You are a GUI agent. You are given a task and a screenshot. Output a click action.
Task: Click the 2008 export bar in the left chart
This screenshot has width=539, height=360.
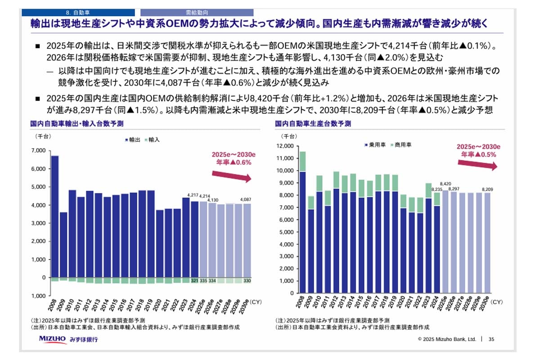point(55,216)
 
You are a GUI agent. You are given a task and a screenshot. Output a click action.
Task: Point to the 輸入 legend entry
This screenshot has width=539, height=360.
point(153,140)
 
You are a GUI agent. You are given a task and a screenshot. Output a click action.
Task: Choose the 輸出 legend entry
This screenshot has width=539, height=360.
point(133,140)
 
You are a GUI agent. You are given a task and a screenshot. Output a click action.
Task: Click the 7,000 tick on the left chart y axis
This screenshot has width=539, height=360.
point(39,150)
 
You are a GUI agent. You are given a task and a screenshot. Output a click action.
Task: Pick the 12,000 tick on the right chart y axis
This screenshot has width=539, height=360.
point(284,146)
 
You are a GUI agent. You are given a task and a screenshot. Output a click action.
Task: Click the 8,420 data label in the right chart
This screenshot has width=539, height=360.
point(445,184)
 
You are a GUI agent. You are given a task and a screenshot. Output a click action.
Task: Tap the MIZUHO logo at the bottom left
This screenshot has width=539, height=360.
point(53,338)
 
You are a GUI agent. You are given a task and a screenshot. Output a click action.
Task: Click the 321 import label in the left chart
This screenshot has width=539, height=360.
point(194,280)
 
